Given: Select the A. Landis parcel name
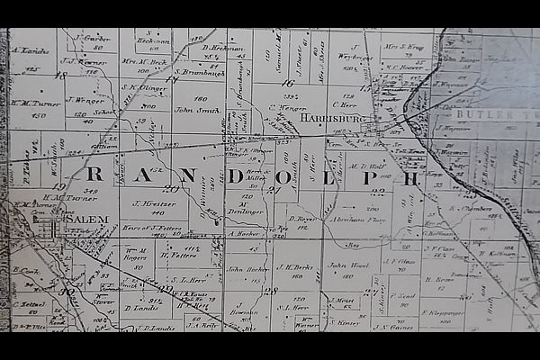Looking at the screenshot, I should click(30, 50).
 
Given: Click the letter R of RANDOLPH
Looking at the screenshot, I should click(94, 174).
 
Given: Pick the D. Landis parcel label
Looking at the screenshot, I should click(141, 308).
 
